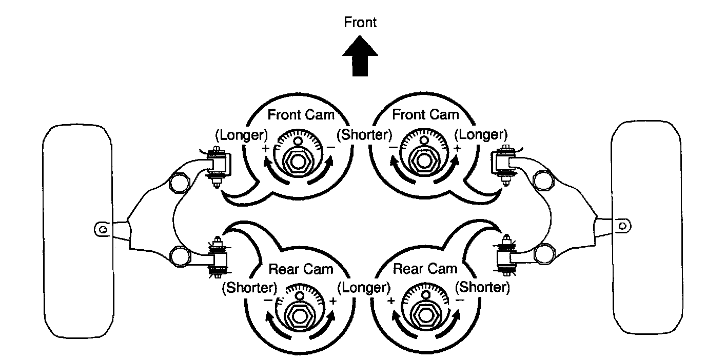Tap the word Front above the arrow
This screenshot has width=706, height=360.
(360, 23)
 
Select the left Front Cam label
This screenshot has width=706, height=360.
(301, 115)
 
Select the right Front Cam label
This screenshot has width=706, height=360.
(425, 115)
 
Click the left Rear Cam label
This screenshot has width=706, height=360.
(301, 269)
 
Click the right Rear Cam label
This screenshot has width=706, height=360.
(425, 269)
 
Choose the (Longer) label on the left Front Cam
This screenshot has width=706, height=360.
(241, 135)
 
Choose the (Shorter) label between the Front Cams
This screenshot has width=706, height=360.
(364, 135)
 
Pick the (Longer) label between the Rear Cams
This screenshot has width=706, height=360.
(364, 287)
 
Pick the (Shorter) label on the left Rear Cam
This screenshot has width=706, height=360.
(249, 287)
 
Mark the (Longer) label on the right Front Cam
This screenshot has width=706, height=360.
(481, 135)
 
